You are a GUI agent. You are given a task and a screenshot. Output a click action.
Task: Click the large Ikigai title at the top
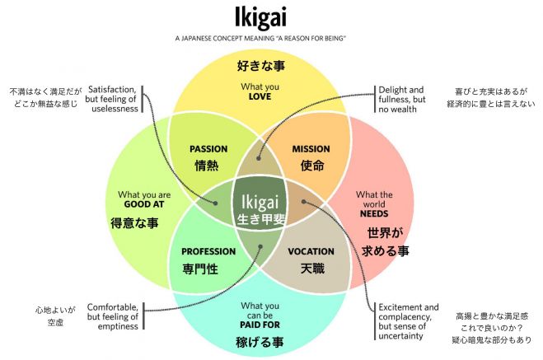coord(260,17)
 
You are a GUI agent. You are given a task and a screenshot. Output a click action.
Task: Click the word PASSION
coord(208,149)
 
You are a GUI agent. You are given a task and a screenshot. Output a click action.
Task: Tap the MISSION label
coord(311,149)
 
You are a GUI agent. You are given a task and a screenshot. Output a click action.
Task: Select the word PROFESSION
coord(208,251)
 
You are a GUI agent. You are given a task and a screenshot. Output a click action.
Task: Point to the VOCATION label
coord(311,251)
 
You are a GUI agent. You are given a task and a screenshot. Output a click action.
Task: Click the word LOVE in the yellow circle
coord(260,96)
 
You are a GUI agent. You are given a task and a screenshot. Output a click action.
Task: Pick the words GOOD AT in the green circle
coord(144,204)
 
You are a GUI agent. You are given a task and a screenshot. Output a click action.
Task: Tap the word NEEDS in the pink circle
coord(374,214)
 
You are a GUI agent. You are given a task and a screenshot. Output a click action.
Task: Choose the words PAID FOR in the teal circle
coord(260,325)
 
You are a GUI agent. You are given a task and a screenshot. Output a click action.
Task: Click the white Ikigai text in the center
coord(260,202)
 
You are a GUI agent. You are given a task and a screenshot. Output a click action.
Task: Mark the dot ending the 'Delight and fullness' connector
coord(259,158)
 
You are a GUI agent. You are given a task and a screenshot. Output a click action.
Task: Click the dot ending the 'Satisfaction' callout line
coord(215,203)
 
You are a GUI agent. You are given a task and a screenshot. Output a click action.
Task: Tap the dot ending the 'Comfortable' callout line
coord(260,247)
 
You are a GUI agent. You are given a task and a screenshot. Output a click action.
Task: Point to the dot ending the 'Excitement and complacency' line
coord(303,202)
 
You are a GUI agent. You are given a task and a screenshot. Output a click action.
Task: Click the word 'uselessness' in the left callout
coord(115,109)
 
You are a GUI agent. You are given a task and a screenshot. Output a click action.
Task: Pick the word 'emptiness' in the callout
coord(118,326)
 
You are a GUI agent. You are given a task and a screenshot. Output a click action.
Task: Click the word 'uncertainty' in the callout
coord(400,336)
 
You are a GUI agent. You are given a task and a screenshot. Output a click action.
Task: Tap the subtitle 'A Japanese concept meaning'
coord(225,39)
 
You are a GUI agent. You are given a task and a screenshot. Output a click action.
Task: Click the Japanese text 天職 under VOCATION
coord(312,269)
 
